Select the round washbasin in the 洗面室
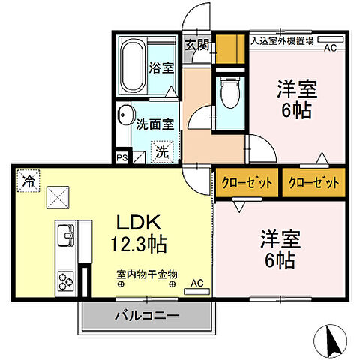[124, 118]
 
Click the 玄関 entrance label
[197, 44]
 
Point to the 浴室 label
[162, 67]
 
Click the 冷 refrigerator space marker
[28, 180]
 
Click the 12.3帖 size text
[139, 244]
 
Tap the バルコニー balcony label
[147, 316]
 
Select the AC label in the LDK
[196, 283]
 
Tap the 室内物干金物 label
[146, 274]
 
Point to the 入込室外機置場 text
[282, 41]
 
